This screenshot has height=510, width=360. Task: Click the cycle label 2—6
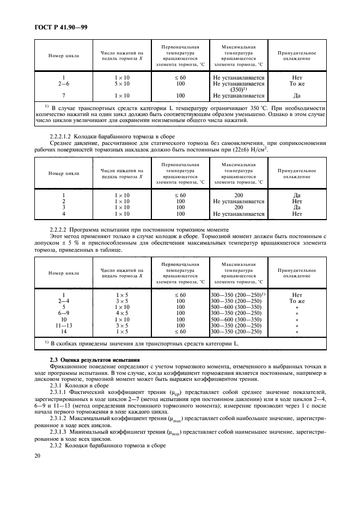tap(64, 84)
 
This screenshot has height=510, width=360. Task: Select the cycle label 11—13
tap(64, 325)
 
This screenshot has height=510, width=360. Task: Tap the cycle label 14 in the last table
tap(64, 331)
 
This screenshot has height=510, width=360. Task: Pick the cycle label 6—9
tap(64, 313)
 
